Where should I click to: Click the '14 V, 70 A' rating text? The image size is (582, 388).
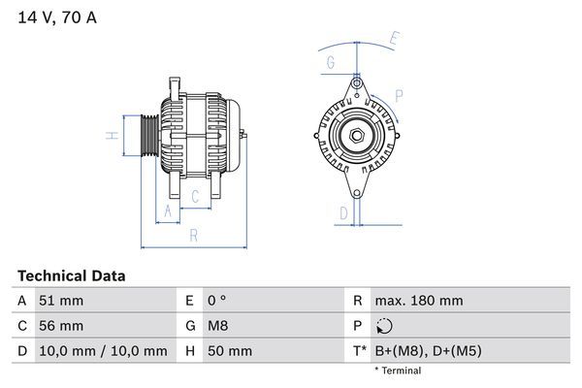pos(56,17)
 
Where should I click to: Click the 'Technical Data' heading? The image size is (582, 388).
pos(71,275)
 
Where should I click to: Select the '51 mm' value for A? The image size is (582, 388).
pos(60,301)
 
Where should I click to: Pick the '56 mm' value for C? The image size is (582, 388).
pos(60,326)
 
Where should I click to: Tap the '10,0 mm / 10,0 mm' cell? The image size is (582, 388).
pos(102,351)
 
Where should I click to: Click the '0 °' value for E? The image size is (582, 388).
pos(215,301)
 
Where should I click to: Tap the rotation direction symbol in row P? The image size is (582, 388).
pos(387,326)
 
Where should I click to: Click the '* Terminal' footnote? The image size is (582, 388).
pos(398,371)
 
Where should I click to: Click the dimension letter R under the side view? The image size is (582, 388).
pos(193,235)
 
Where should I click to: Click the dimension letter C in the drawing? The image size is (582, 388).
pos(194,198)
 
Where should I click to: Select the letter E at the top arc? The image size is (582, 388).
pos(394,39)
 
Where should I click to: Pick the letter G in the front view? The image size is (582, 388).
pos(330,63)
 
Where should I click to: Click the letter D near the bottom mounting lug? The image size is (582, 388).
pos(343,212)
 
